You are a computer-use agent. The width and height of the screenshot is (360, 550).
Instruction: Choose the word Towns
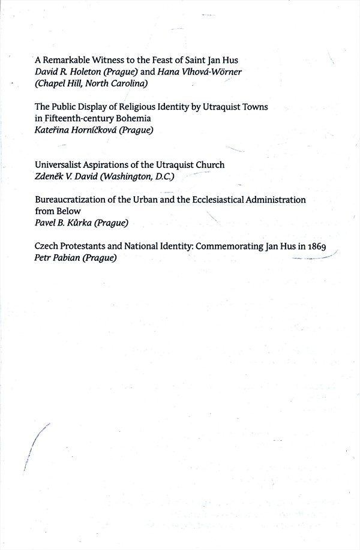click(x=254, y=107)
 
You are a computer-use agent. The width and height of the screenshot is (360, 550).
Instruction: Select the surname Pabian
click(x=65, y=257)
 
